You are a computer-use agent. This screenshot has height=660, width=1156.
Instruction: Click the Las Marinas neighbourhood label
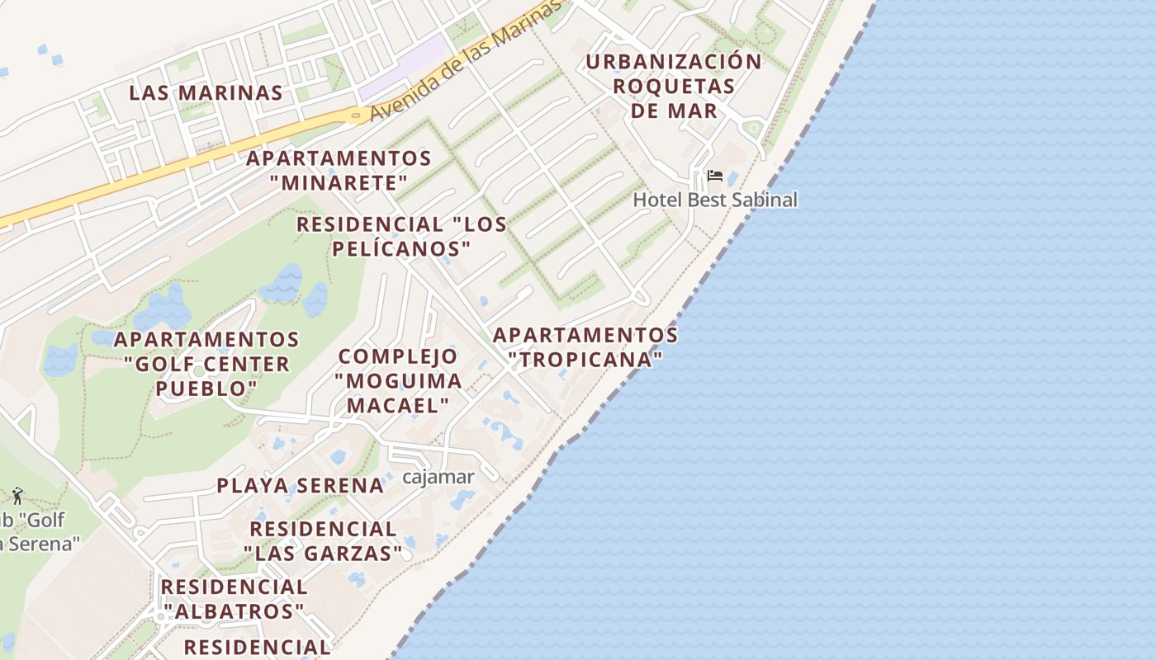click(206, 92)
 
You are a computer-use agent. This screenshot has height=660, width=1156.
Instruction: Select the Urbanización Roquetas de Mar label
click(674, 86)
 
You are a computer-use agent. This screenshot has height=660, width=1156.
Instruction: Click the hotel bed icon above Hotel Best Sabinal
click(715, 176)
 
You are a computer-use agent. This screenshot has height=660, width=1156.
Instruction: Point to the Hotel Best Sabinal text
click(715, 200)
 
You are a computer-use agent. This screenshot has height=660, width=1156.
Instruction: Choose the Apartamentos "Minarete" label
click(339, 170)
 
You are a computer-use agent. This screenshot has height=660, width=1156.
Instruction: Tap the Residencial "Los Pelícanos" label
click(401, 236)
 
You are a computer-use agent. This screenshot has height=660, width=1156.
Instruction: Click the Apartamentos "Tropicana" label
click(585, 347)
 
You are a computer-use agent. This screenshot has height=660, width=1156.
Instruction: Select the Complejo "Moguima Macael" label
click(398, 380)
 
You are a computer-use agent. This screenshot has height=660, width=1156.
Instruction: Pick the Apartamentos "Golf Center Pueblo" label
click(206, 364)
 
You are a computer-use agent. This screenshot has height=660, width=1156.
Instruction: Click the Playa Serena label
click(301, 485)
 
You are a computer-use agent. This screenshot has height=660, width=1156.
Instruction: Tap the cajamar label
click(438, 477)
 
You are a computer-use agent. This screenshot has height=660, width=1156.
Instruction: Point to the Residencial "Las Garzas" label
click(323, 540)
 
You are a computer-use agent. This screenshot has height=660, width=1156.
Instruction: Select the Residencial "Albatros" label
click(234, 599)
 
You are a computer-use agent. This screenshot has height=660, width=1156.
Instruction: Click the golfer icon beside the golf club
click(17, 496)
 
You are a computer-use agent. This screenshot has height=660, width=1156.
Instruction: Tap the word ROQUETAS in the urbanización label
click(674, 86)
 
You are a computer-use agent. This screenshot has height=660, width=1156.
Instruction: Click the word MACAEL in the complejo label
click(398, 405)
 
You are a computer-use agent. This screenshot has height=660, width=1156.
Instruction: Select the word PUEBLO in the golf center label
click(206, 388)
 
